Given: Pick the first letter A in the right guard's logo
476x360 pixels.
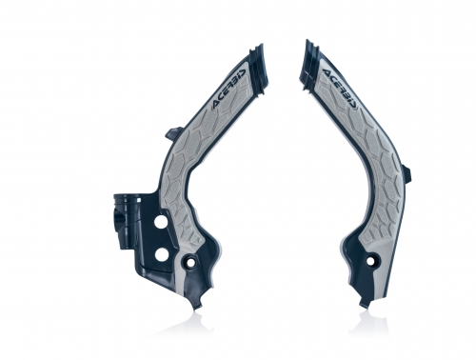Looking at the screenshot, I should tap(326, 68).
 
